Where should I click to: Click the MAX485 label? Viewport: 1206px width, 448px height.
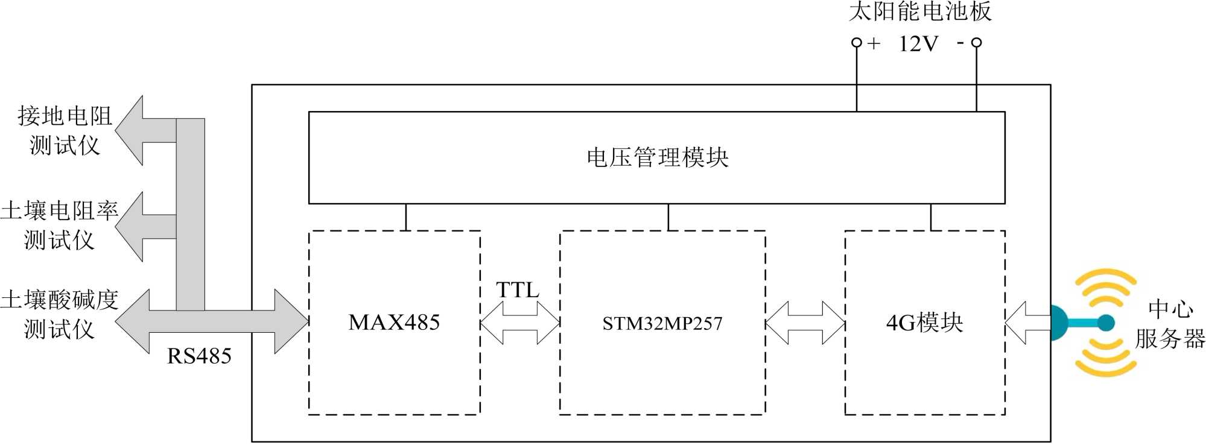click(x=394, y=323)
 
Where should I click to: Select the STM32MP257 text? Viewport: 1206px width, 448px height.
click(x=662, y=324)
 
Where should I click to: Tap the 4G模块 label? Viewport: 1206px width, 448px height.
click(x=924, y=323)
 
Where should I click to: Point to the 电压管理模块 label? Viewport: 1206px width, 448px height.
click(x=657, y=157)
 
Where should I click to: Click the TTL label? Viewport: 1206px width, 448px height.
click(x=518, y=290)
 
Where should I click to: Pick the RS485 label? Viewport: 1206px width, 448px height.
click(x=199, y=356)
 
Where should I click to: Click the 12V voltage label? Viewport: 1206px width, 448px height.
click(x=918, y=43)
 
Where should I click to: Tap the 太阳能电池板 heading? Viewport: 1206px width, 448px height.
click(x=920, y=11)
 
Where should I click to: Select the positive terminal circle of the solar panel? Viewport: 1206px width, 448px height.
click(x=856, y=42)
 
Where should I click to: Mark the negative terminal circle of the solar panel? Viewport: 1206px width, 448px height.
click(x=977, y=42)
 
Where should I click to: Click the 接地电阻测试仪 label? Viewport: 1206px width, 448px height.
click(x=65, y=130)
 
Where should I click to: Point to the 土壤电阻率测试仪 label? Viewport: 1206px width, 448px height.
click(x=59, y=225)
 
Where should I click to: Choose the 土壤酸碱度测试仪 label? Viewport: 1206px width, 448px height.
click(x=59, y=314)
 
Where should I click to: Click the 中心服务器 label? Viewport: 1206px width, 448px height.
click(x=1170, y=324)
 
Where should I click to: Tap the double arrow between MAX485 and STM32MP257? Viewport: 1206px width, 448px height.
click(x=520, y=323)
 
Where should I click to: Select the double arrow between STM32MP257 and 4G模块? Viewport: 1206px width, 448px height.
click(x=805, y=323)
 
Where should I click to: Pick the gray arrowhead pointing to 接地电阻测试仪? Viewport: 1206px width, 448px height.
click(x=130, y=130)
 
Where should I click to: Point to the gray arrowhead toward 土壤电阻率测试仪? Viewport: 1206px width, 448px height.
click(x=130, y=227)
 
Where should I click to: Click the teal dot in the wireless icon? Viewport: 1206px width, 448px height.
click(x=1106, y=323)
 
